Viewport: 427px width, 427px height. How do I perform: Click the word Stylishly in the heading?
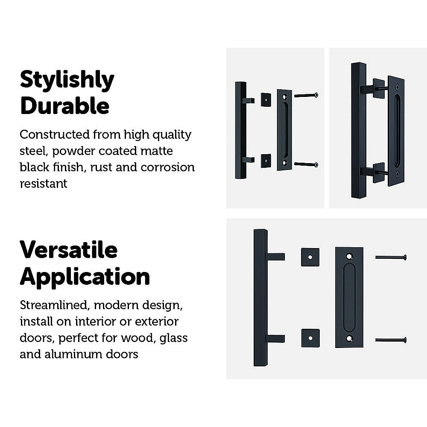pyautogui.click(x=67, y=80)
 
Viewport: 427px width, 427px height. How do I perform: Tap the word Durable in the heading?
pyautogui.click(x=64, y=106)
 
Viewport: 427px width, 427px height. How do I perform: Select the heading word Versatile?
pyautogui.click(x=68, y=249)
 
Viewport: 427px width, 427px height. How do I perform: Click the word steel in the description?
pyautogui.click(x=31, y=151)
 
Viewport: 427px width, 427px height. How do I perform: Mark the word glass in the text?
pyautogui.click(x=174, y=338)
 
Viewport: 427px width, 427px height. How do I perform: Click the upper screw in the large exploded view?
pyautogui.click(x=390, y=257)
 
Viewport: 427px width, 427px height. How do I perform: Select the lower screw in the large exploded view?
pyautogui.click(x=390, y=340)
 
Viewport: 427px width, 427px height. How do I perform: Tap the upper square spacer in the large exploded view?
pyautogui.click(x=310, y=257)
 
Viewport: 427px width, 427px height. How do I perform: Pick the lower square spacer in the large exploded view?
pyautogui.click(x=310, y=338)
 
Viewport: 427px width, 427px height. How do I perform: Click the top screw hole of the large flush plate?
pyautogui.click(x=349, y=257)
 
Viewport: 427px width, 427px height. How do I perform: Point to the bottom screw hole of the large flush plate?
pyautogui.click(x=349, y=339)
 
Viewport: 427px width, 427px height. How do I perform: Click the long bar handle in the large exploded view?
pyautogui.click(x=260, y=298)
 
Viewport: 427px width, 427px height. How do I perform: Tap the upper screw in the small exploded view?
pyautogui.click(x=306, y=95)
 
